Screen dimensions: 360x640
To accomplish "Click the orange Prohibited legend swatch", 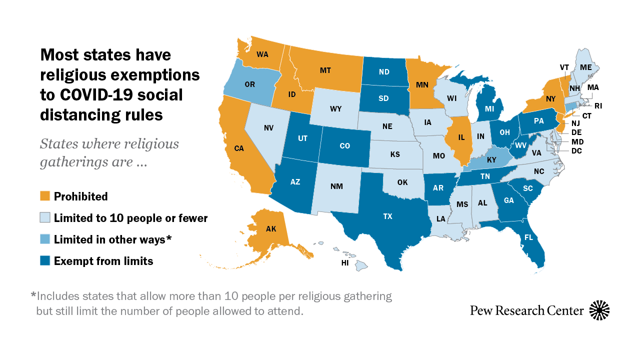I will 45,196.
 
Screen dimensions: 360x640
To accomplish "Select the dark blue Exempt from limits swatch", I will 45,261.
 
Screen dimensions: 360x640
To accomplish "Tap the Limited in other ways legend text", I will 112,239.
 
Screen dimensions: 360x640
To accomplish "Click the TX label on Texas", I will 387,216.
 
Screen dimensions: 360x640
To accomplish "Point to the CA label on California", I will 238,148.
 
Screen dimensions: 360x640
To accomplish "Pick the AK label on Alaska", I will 270,229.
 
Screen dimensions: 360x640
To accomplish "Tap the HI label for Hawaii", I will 345,262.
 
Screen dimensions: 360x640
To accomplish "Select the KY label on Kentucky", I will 491,159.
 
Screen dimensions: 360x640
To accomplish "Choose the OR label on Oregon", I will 249,84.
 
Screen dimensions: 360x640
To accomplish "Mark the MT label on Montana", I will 325,70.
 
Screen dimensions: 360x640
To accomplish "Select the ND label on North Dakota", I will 384,71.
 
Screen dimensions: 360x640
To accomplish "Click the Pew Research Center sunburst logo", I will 599,310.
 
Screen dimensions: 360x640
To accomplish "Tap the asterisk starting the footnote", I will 33,295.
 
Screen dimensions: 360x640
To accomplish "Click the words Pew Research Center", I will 526,310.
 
